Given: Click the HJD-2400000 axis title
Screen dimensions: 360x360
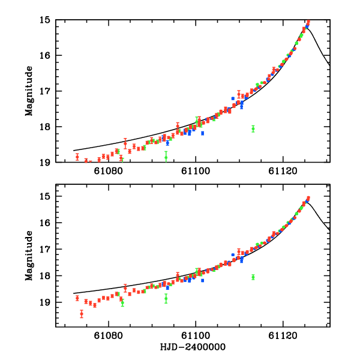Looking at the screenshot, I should (x=192, y=347).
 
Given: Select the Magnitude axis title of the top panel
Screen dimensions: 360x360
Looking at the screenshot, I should (x=29, y=91).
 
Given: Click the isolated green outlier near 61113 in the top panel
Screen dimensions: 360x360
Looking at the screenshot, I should (x=253, y=128).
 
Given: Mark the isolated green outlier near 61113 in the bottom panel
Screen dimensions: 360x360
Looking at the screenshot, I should (x=253, y=277).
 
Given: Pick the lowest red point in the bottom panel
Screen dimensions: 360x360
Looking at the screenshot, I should (x=82, y=313).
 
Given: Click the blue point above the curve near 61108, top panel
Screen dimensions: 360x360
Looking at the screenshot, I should (x=233, y=98).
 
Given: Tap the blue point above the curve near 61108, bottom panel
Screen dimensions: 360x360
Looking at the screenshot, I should (x=233, y=255).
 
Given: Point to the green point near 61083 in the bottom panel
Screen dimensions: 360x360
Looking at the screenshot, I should (x=122, y=302).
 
